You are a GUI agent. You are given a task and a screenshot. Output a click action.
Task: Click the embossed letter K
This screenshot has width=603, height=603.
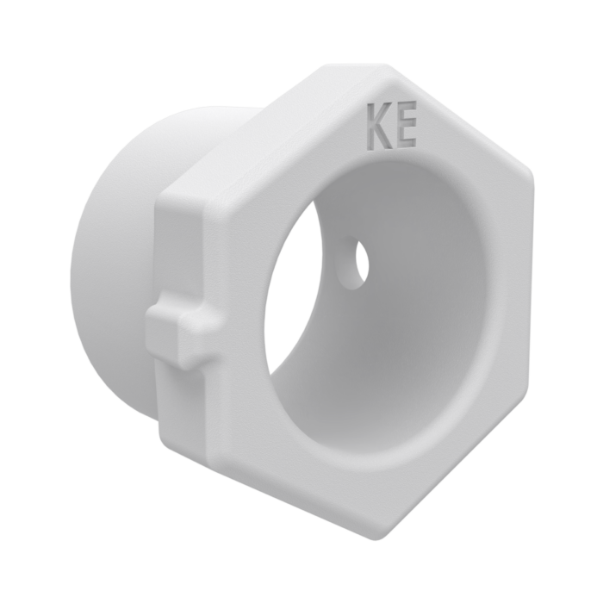click(379, 127)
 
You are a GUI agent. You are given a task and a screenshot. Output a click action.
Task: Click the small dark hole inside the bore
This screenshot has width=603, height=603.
click(363, 264)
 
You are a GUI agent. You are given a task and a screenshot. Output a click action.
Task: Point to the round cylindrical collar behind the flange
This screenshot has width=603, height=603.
click(115, 269)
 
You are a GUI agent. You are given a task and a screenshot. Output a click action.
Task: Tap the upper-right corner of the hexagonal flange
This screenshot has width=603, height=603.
click(530, 174)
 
